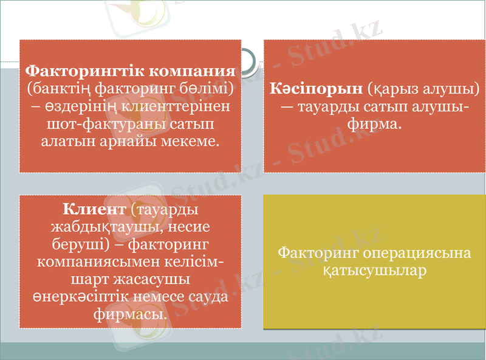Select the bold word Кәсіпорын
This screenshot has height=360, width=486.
coord(316,89)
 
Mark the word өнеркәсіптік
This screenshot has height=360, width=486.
coord(75,298)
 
